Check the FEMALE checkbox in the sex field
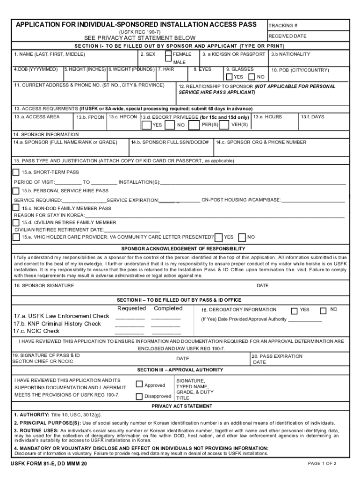coord(168,55)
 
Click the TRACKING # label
coord(283,26)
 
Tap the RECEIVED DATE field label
coord(288,36)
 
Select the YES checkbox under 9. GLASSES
coord(229,77)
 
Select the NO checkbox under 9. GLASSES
coord(252,77)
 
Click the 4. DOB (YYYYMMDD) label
coord(36,69)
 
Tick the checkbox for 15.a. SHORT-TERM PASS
coord(16,172)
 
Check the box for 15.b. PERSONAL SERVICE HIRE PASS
coord(16,191)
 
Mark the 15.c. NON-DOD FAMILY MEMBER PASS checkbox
coord(16,208)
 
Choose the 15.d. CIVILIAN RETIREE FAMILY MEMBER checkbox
coord(16,223)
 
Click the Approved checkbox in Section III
coord(139,385)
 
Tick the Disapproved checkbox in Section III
coord(139,397)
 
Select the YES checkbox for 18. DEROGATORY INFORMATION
coord(294,311)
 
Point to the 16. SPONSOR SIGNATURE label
coord(43,285)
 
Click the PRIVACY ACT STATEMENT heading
coord(182,406)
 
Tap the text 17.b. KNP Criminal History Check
coord(57,324)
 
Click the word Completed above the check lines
coord(168,308)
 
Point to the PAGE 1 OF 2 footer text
coord(322,464)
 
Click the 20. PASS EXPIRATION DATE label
coord(277,359)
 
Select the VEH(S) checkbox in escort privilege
coord(224,125)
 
